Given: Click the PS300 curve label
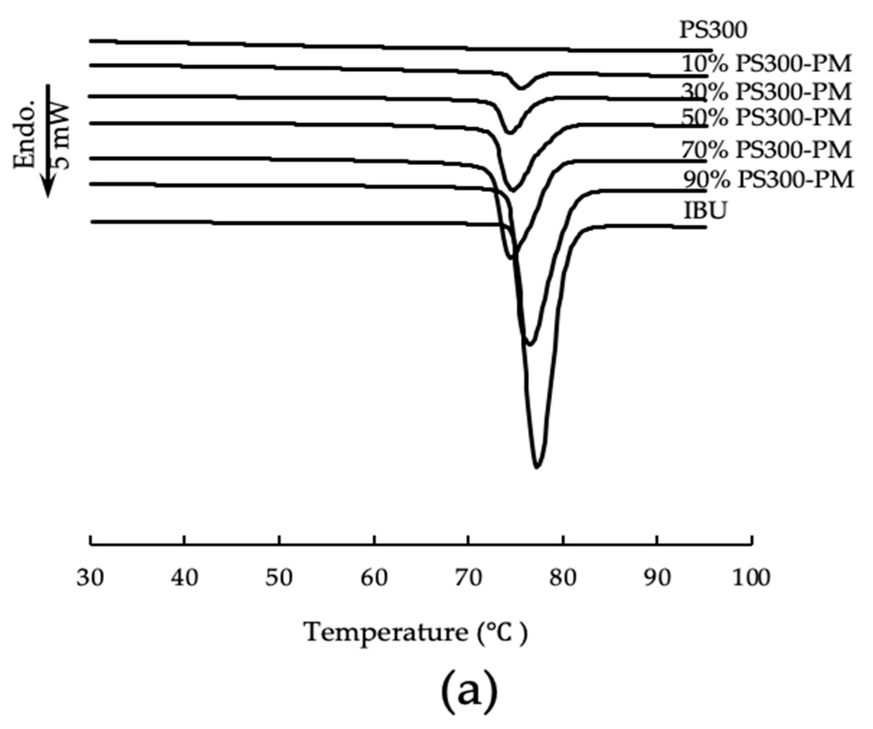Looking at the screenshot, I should point(713,30).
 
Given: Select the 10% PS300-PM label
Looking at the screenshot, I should point(766,65).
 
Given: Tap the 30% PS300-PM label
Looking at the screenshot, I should point(766,92).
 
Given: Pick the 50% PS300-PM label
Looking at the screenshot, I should point(766,118).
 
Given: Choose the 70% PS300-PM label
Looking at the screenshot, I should point(766,150).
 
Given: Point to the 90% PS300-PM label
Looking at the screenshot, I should point(768,180).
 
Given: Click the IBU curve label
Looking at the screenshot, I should point(705,211).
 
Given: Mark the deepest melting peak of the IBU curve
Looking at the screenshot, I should point(537,467).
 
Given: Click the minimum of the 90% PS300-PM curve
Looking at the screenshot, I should point(530,344).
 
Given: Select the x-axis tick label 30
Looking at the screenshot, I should point(90,578).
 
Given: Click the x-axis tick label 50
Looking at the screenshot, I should point(279,578).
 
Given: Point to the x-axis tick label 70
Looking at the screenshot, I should point(468,578).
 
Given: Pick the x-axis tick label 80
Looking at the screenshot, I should point(563,578).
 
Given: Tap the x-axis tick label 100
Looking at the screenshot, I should point(751,578).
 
